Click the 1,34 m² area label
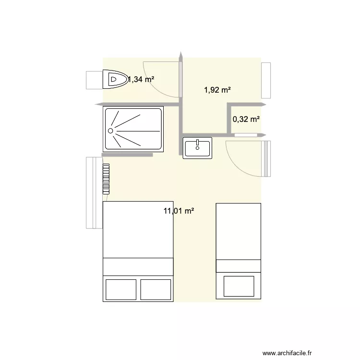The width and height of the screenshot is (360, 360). pyautogui.click(x=141, y=80)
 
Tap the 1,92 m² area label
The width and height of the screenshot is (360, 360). pyautogui.click(x=217, y=89)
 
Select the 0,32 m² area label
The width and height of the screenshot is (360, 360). pyautogui.click(x=246, y=119)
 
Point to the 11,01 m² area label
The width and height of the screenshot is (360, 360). pyautogui.click(x=179, y=210)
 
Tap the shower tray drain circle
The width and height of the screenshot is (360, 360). pyautogui.click(x=110, y=130)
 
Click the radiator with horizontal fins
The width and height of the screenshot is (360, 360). pyautogui.click(x=106, y=179)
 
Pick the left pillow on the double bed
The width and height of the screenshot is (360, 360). pyautogui.click(x=121, y=289)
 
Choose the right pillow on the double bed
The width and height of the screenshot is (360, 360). pyautogui.click(x=156, y=289)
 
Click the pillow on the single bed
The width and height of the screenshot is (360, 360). pyautogui.click(x=238, y=285)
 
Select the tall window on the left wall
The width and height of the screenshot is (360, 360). pyautogui.click(x=92, y=192)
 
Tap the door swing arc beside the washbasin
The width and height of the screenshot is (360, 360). pyautogui.click(x=238, y=161)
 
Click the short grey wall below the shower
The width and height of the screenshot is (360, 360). pyautogui.click(x=127, y=155)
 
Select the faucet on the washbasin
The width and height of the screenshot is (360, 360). pyautogui.click(x=197, y=143)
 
